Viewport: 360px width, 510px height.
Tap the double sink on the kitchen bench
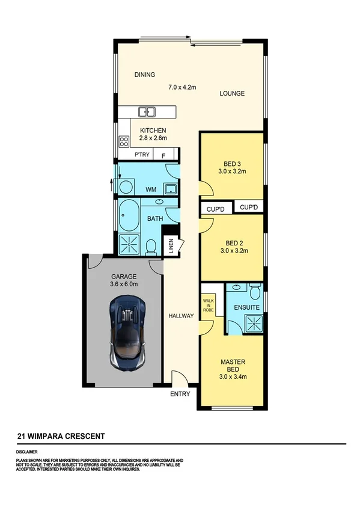[x=147, y=111]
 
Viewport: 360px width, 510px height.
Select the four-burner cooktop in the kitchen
[x=124, y=142]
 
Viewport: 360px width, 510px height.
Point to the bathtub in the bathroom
[x=127, y=216]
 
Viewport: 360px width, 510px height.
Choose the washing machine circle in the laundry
[x=126, y=188]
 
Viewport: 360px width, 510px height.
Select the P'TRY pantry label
[x=142, y=155]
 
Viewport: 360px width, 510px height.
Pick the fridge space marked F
[x=163, y=155]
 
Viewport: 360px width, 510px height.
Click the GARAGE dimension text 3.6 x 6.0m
[x=124, y=284]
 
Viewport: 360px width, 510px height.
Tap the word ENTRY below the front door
[x=180, y=394]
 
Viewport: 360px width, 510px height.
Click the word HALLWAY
[x=180, y=316]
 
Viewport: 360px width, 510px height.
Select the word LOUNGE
[x=232, y=93]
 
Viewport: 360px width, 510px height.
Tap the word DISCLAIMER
[x=27, y=450]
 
